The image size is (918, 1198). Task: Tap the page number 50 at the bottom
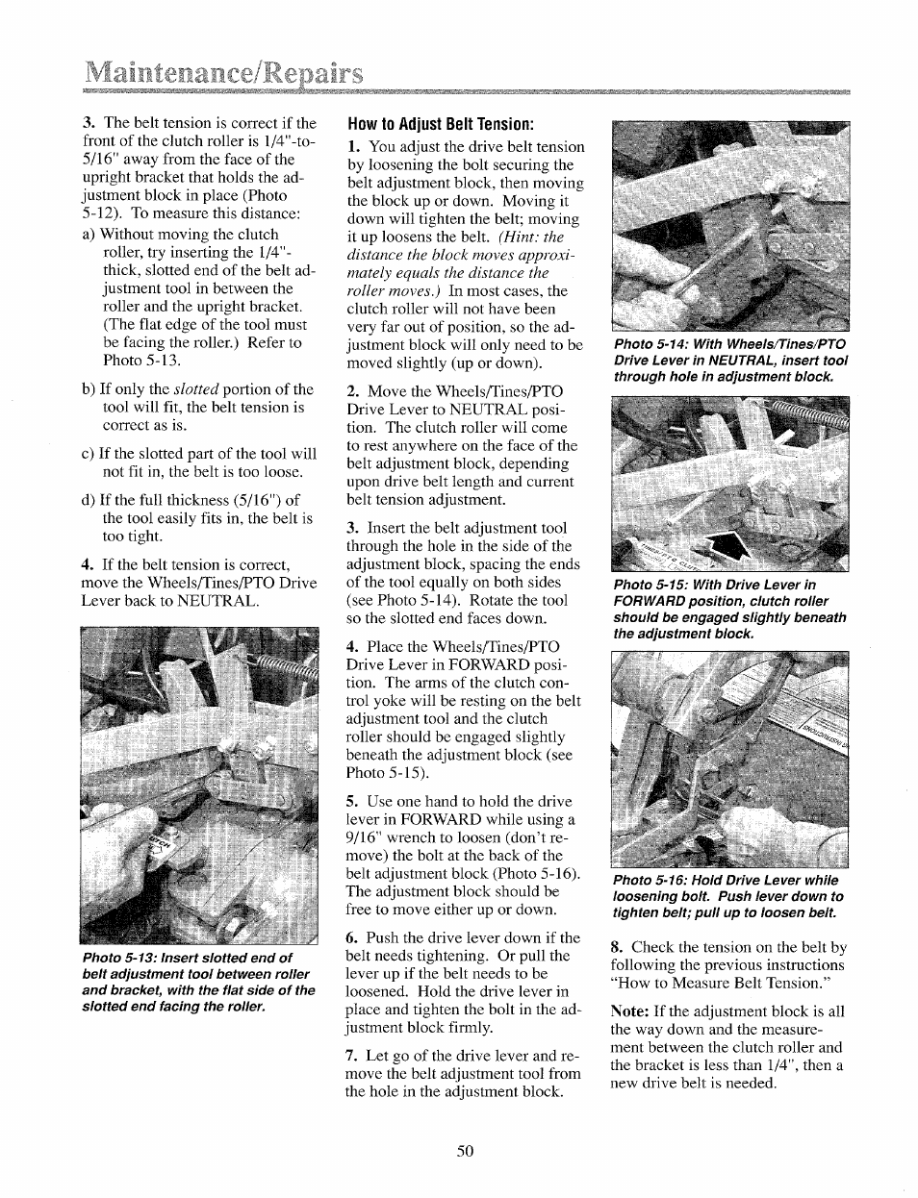coord(465,1151)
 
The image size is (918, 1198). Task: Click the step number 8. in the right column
coord(618,947)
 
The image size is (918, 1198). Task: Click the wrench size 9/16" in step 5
coord(364,837)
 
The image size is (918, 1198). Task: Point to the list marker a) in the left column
coord(89,235)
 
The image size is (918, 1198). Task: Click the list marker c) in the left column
coord(89,454)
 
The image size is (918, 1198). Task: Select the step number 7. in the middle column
coord(353,1056)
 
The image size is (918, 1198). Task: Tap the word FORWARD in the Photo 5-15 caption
coord(651,601)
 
